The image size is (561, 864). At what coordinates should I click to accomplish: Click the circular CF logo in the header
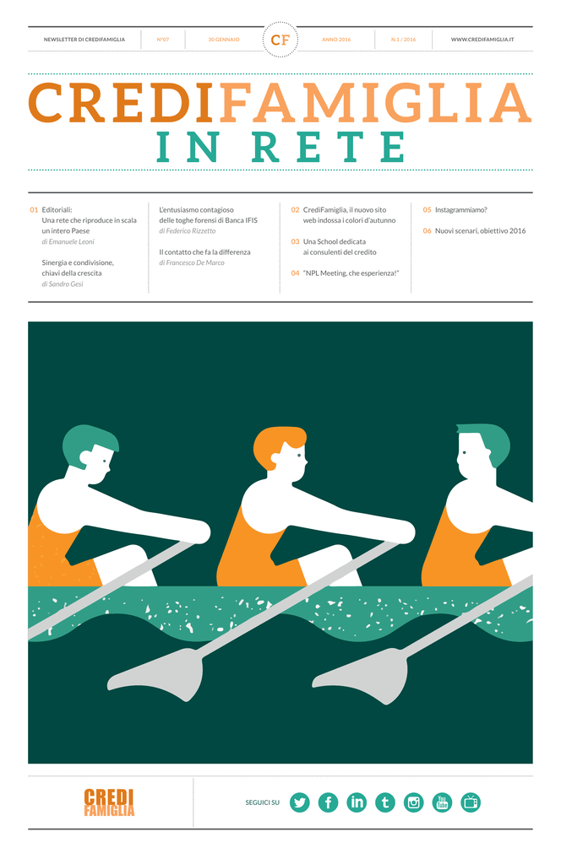point(280,40)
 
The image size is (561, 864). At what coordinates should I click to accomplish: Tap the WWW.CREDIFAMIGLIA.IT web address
point(482,40)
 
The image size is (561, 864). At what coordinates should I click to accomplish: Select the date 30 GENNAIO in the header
point(224,40)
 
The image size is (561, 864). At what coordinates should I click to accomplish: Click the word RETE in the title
point(330,147)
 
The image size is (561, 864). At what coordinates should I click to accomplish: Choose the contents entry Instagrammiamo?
point(461,210)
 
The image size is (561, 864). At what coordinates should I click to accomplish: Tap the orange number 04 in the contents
point(295,273)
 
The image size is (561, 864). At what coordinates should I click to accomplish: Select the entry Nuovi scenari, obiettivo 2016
point(481,231)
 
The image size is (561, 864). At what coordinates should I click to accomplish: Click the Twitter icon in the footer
point(300,802)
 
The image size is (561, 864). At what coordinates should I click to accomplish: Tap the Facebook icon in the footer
point(328,802)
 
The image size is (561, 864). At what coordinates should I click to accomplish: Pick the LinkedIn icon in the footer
point(357,802)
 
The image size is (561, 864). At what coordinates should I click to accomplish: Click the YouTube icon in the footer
point(442,802)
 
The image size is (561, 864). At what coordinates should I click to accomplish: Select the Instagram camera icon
point(414,802)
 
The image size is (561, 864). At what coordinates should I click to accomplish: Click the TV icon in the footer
point(471,802)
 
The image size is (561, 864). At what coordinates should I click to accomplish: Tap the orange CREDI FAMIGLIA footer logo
point(109,802)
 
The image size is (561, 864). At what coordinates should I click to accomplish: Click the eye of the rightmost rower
point(465,453)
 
